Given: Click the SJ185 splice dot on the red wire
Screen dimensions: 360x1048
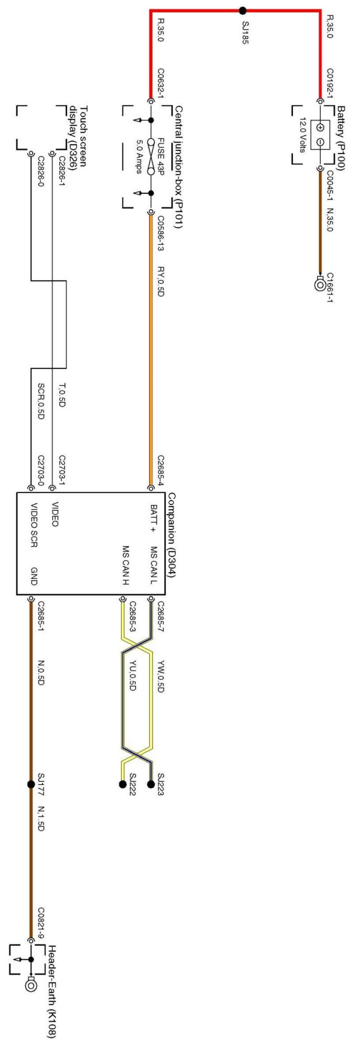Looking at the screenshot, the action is (x=242, y=10).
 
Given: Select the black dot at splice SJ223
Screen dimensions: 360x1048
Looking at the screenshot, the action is (x=151, y=784).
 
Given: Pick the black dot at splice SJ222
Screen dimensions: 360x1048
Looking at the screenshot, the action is (x=122, y=784).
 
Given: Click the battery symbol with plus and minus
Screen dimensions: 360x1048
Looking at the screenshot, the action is (x=320, y=135).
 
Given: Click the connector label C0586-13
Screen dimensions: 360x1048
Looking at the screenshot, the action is (x=161, y=234).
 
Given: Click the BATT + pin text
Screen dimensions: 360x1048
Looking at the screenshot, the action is (x=153, y=517).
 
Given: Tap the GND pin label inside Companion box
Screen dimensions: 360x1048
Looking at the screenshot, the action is (x=34, y=575).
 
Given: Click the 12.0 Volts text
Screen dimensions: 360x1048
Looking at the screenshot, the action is (x=303, y=135).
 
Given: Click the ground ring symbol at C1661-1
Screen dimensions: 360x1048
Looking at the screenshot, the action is (x=319, y=285).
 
